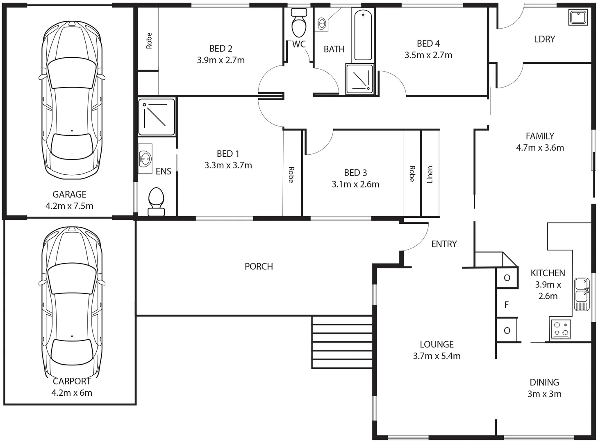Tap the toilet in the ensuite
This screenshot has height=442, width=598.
click(x=156, y=202)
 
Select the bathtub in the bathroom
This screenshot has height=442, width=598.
click(x=363, y=35)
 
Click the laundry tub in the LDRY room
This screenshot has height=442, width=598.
click(x=578, y=18)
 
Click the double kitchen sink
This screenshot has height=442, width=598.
click(x=581, y=294)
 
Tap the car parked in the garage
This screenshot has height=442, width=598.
click(x=72, y=100)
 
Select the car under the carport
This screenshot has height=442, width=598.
click(x=72, y=303)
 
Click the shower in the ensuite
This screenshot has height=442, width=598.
click(x=157, y=117)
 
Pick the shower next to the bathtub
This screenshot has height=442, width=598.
click(x=360, y=79)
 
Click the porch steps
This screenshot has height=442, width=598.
click(x=342, y=342)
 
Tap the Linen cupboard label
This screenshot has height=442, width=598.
click(x=430, y=174)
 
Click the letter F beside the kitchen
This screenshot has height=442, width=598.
click(x=507, y=305)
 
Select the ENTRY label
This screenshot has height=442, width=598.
click(x=444, y=244)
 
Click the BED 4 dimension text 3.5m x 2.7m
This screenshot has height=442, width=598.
click(x=428, y=55)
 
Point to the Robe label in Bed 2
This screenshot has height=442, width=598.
click(x=149, y=41)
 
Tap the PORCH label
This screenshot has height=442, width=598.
click(x=259, y=266)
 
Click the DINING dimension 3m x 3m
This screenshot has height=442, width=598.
click(x=544, y=394)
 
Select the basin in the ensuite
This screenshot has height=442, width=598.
click(x=145, y=158)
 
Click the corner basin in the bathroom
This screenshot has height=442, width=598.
click(x=323, y=23)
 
